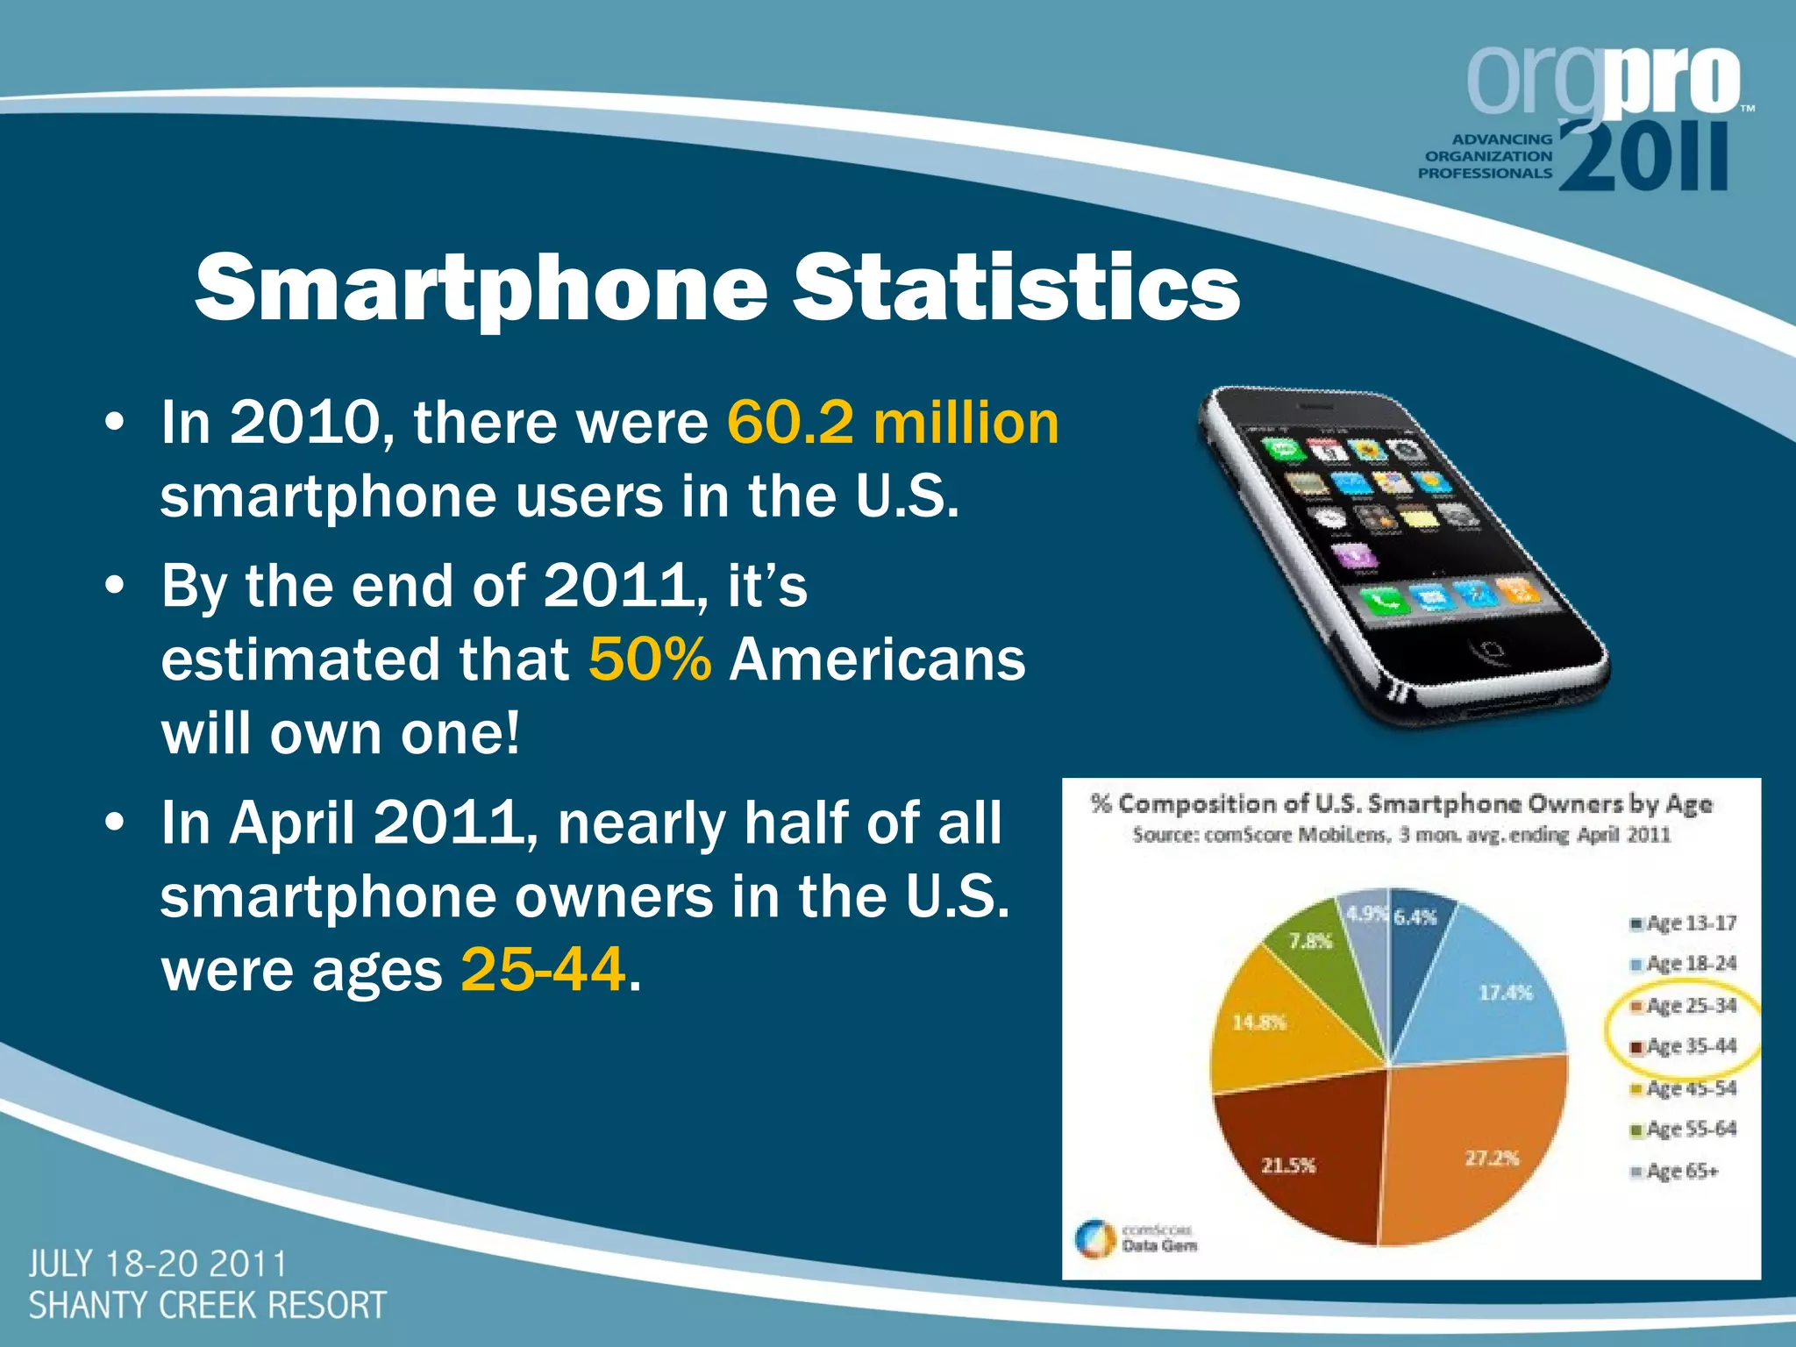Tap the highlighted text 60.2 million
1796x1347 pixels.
point(893,423)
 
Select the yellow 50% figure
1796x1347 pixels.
point(650,659)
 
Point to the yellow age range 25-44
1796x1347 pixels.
point(544,970)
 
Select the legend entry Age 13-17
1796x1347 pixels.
point(1684,923)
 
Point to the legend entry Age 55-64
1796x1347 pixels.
point(1684,1130)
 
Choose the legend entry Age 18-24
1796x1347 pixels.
point(1684,964)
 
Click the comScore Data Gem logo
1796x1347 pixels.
point(1137,1238)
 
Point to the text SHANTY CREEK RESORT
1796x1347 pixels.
point(208,1306)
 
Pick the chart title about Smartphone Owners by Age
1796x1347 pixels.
point(1400,804)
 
